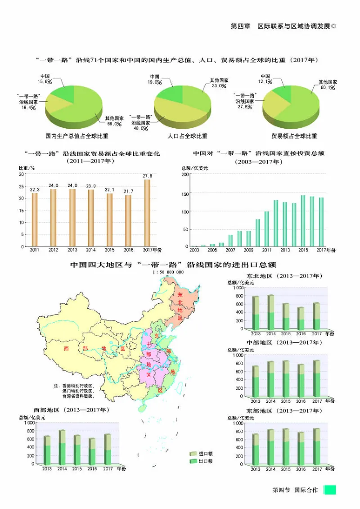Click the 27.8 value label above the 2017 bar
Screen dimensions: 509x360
coord(148,176)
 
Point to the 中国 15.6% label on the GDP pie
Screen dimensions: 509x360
coord(45,79)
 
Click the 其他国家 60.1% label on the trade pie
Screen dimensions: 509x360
coord(328,85)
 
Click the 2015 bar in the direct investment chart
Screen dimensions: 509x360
coord(303,221)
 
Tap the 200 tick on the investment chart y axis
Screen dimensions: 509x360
coord(184,175)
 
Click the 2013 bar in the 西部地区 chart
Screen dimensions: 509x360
coord(47,450)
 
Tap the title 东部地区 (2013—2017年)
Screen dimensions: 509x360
coord(284,411)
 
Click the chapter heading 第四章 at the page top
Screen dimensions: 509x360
coord(240,26)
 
